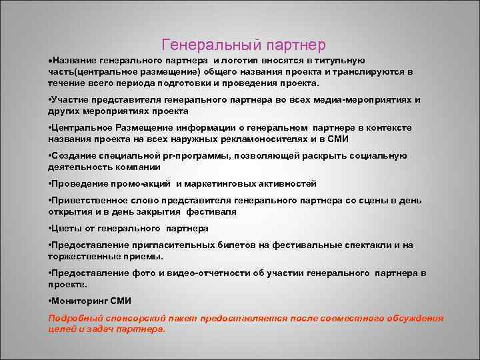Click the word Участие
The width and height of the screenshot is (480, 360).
71,100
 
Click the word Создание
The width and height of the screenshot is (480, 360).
73,156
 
